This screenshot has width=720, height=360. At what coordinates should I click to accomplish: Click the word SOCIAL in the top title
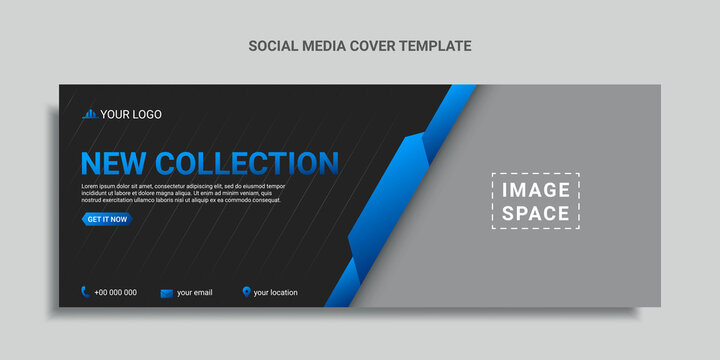(x=270, y=45)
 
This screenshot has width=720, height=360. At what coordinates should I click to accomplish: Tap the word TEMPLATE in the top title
(x=435, y=45)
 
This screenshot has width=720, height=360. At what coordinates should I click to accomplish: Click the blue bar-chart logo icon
(x=89, y=114)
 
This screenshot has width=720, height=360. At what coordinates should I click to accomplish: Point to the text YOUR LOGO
(x=130, y=114)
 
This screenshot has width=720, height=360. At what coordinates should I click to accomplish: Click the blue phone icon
(x=86, y=292)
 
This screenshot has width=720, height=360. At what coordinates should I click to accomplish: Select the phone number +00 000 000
(x=116, y=292)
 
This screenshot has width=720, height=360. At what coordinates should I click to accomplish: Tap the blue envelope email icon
(x=166, y=292)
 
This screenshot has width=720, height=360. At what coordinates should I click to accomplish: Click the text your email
(x=194, y=292)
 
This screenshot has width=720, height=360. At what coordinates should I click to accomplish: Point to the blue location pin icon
(x=246, y=292)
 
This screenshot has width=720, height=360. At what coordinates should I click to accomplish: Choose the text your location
(x=275, y=292)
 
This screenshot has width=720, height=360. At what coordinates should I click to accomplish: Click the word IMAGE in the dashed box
(x=535, y=190)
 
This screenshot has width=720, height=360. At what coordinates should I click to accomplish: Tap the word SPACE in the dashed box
(x=535, y=213)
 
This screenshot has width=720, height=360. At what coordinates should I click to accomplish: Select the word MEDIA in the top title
(x=325, y=45)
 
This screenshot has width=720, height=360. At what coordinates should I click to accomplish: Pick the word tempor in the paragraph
(x=274, y=186)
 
